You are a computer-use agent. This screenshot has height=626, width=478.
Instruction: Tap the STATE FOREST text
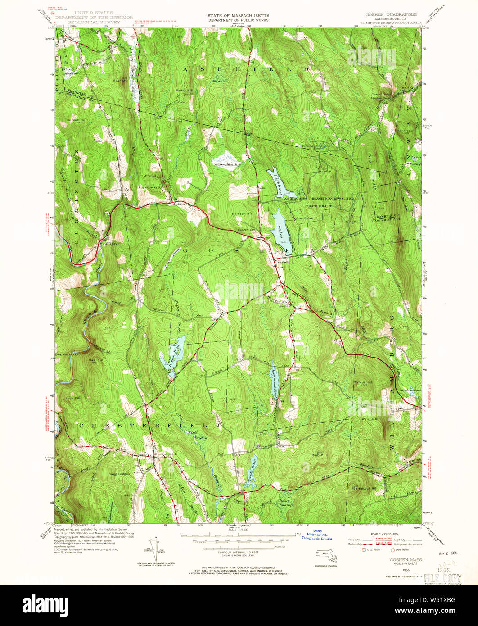point(319,205)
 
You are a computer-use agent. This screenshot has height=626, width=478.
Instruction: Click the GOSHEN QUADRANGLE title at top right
point(389,14)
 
